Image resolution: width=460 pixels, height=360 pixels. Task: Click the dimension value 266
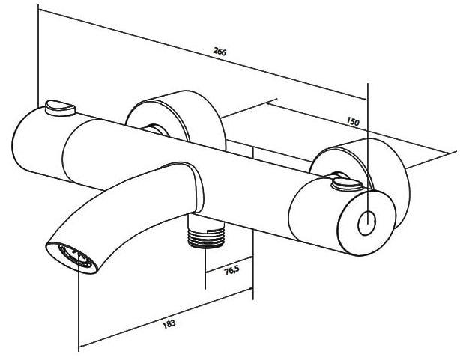[220, 52]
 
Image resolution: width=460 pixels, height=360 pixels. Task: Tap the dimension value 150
[353, 121]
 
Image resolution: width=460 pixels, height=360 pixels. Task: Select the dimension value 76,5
[231, 271]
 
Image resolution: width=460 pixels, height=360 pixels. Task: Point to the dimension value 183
[169, 323]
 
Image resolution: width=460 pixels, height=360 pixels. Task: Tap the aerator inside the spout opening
[75, 257]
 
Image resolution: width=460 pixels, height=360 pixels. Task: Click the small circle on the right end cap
[366, 223]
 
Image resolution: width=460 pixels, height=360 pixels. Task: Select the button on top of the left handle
[61, 108]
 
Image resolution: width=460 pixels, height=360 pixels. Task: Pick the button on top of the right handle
[346, 185]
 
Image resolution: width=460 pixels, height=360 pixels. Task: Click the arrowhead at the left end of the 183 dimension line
[83, 345]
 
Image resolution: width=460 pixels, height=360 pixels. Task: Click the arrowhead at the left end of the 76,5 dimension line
[210, 271]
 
